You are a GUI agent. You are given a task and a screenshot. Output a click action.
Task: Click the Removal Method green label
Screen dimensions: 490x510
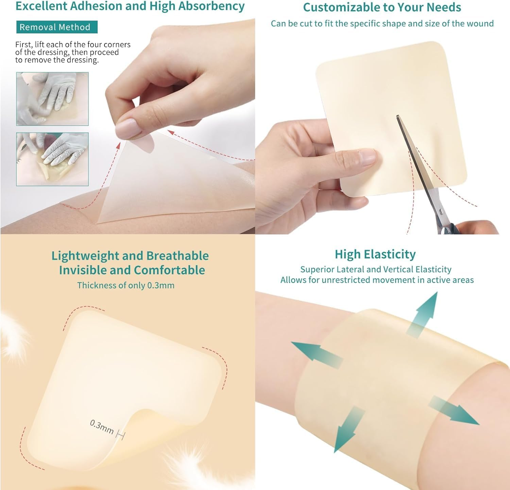(57, 27)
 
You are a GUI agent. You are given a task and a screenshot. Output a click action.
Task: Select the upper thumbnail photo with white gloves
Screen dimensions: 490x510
(52, 99)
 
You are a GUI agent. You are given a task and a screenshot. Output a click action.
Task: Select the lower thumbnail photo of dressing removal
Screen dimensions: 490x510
(52, 159)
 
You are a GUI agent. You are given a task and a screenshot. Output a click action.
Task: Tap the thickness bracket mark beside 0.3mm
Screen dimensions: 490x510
(120, 434)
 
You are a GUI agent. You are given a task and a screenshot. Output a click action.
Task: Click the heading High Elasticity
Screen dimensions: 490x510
(375, 254)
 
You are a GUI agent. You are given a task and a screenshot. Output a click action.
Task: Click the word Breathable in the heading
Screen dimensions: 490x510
(177, 256)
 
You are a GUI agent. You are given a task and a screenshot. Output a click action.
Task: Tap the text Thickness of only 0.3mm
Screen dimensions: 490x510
(125, 285)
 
